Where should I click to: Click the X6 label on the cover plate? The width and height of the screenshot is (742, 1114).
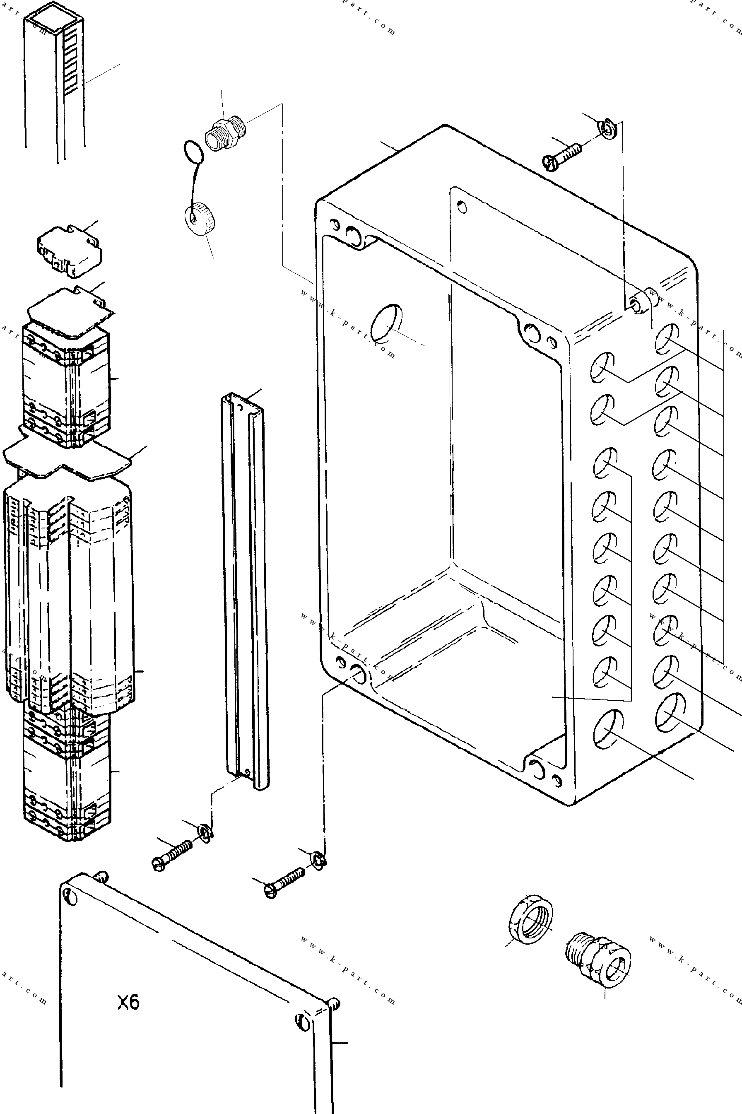128,1002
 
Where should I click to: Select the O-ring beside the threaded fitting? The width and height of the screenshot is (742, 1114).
193,152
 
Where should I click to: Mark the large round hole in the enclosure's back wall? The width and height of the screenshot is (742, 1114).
387,323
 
